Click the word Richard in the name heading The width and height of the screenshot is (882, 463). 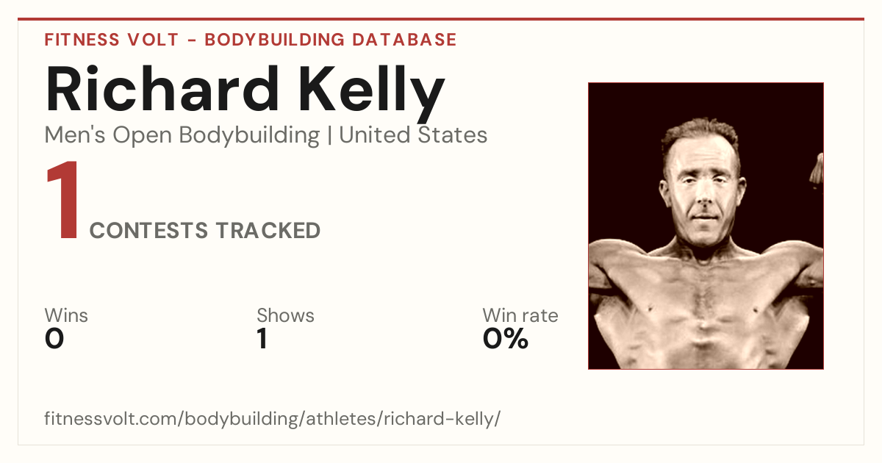point(162,89)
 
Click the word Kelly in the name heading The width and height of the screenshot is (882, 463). point(372,94)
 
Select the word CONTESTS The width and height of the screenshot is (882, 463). point(148,230)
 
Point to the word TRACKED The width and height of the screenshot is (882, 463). point(268,230)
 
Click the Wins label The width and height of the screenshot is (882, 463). point(66,315)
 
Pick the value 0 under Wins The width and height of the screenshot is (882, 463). point(54,339)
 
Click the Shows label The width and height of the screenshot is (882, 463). point(285,315)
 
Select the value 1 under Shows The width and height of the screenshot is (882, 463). point(262,339)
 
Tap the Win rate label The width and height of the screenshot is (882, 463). point(520,315)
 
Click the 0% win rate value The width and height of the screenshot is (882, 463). point(505,339)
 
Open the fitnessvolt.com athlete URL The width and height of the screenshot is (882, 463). point(272,418)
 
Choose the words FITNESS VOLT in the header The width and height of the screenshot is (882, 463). point(112,40)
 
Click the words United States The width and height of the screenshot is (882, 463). point(413,134)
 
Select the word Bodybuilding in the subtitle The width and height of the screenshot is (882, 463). point(249,136)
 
